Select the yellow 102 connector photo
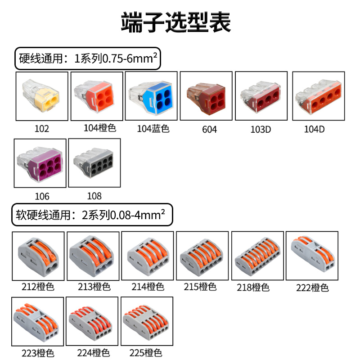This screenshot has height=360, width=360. (42, 95)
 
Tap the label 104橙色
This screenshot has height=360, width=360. (100, 128)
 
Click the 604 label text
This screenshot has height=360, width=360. (209, 130)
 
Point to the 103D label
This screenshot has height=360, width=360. (261, 130)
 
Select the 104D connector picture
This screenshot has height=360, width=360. (319, 96)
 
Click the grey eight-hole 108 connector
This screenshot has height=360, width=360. (94, 162)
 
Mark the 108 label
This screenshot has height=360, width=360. (94, 196)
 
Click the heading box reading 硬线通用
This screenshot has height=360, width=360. (88, 58)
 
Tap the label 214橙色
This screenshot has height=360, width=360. (148, 287)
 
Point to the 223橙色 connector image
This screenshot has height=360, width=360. (38, 321)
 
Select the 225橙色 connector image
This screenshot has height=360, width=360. (147, 321)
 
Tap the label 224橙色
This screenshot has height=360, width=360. (93, 353)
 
